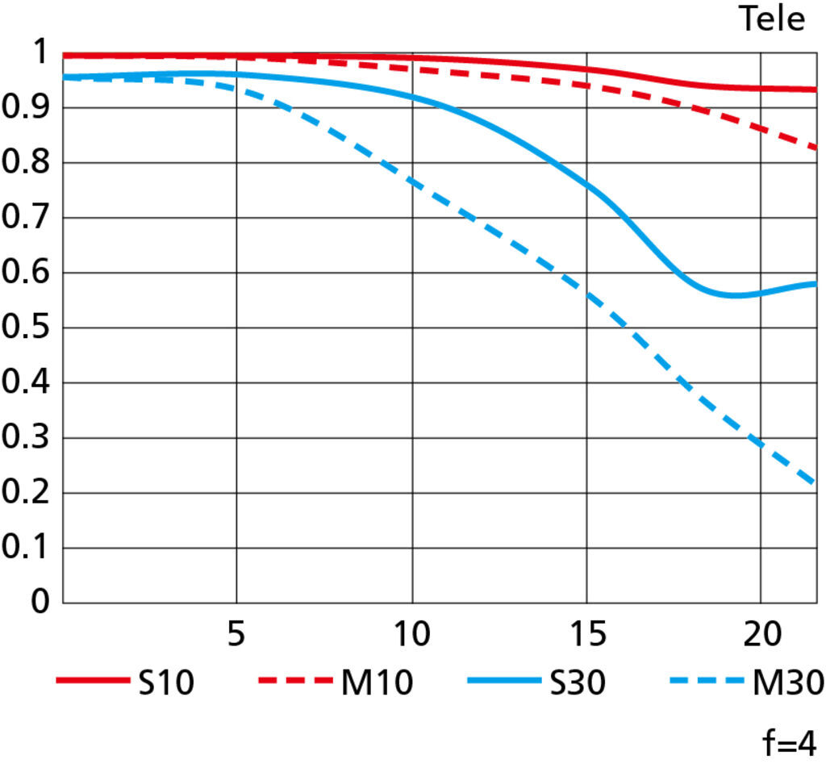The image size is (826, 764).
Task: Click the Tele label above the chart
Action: pyautogui.click(x=772, y=19)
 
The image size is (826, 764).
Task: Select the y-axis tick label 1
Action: pyautogui.click(x=40, y=54)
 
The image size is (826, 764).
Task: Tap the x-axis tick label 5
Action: pyautogui.click(x=236, y=636)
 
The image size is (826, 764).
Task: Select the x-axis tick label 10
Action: pyautogui.click(x=411, y=636)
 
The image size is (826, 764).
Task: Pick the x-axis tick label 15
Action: pyautogui.click(x=586, y=636)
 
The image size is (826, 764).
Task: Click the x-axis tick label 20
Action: pyautogui.click(x=761, y=636)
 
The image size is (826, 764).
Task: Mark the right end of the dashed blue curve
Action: pyautogui.click(x=816, y=483)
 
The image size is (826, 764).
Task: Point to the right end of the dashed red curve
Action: pyautogui.click(x=816, y=148)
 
